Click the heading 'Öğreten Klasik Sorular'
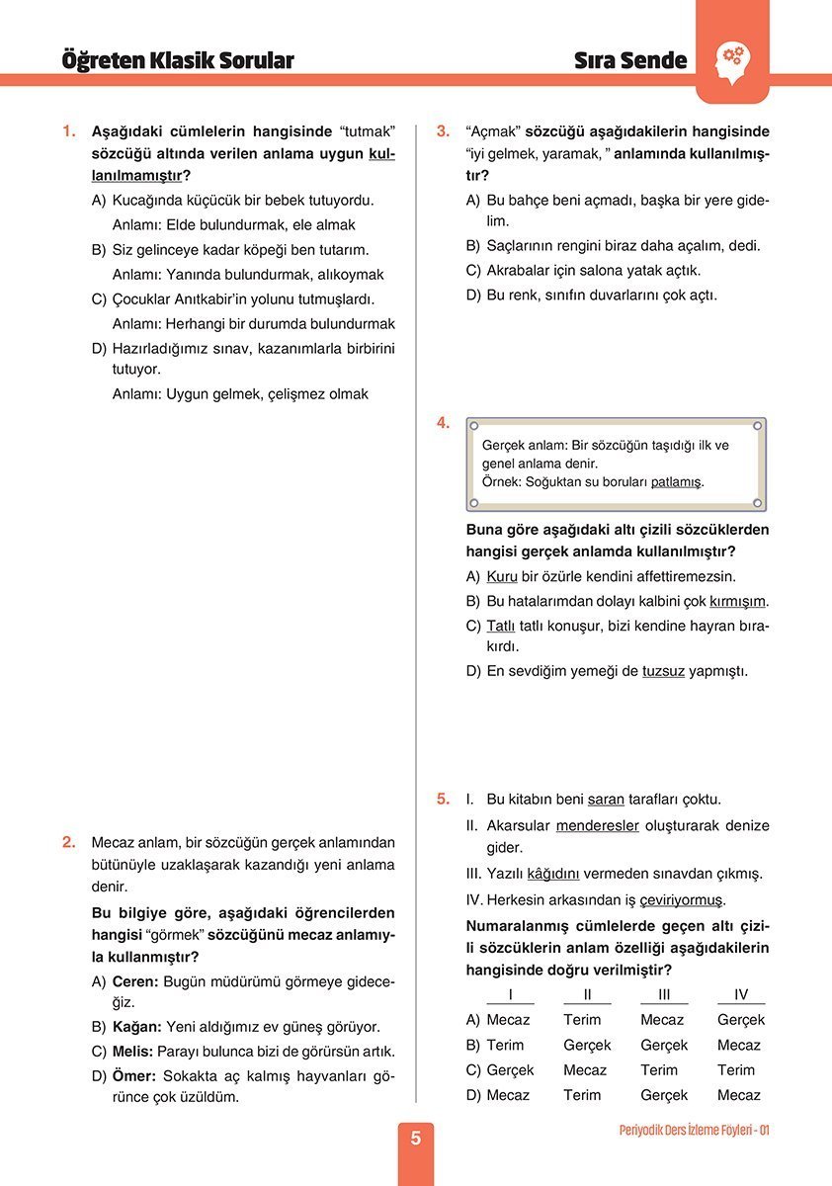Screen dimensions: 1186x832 coord(178,61)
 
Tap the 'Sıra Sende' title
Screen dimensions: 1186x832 coord(630,61)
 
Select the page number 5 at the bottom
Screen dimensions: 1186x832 coord(415,1139)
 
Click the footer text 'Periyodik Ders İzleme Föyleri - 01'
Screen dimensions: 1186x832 coord(694,1130)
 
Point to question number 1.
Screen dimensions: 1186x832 coord(68,131)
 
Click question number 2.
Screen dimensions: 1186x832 coord(68,843)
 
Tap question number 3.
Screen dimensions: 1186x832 coord(444,131)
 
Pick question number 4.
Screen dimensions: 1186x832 coord(444,423)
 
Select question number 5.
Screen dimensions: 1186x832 coord(444,799)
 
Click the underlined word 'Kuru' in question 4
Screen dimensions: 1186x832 coord(502,576)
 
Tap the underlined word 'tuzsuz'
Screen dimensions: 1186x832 coord(663,671)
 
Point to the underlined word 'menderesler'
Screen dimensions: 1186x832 coord(598,825)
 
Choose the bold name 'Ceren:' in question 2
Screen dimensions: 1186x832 coord(135,981)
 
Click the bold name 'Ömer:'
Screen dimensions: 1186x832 coord(135,1076)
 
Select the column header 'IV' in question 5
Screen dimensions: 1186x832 coord(741,995)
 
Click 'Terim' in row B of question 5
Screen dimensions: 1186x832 coord(505,1045)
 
